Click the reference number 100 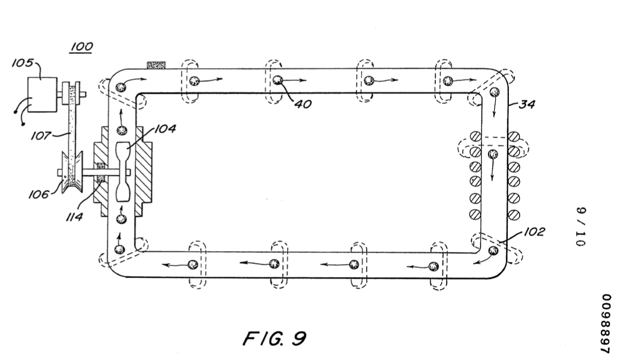[82, 47]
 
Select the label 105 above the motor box [23, 64]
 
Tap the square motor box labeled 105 [42, 95]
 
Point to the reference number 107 [41, 135]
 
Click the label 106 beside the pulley [38, 194]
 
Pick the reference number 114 [75, 217]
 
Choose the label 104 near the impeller [165, 129]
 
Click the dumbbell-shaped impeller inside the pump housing [124, 172]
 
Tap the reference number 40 [302, 104]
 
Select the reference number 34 [527, 104]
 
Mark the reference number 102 [534, 231]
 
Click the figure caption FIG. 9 [274, 338]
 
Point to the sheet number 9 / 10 [581, 227]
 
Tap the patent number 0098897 [606, 324]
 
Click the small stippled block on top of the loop [156, 65]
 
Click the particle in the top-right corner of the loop [494, 92]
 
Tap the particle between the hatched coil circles [493, 154]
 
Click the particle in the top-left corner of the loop [121, 87]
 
